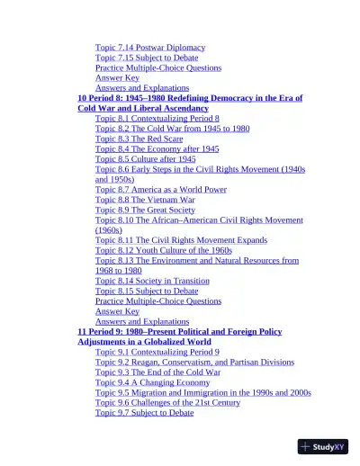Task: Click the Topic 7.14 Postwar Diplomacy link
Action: (x=150, y=47)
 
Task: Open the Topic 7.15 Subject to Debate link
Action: (x=147, y=58)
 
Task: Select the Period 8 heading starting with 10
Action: (x=189, y=98)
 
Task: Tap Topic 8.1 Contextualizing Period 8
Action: (x=157, y=119)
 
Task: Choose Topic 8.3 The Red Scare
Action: (x=140, y=139)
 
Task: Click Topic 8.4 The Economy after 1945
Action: (x=157, y=149)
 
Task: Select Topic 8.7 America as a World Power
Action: (x=161, y=190)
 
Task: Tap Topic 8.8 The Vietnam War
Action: (x=144, y=200)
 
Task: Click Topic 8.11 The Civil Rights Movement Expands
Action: (x=181, y=241)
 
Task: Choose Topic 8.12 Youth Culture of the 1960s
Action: (x=164, y=250)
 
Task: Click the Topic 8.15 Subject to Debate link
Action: (x=147, y=291)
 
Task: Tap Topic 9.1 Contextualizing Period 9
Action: (x=157, y=352)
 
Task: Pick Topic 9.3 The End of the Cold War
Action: (x=157, y=372)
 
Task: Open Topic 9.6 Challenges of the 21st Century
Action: (x=168, y=403)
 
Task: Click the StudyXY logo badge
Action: (x=324, y=446)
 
